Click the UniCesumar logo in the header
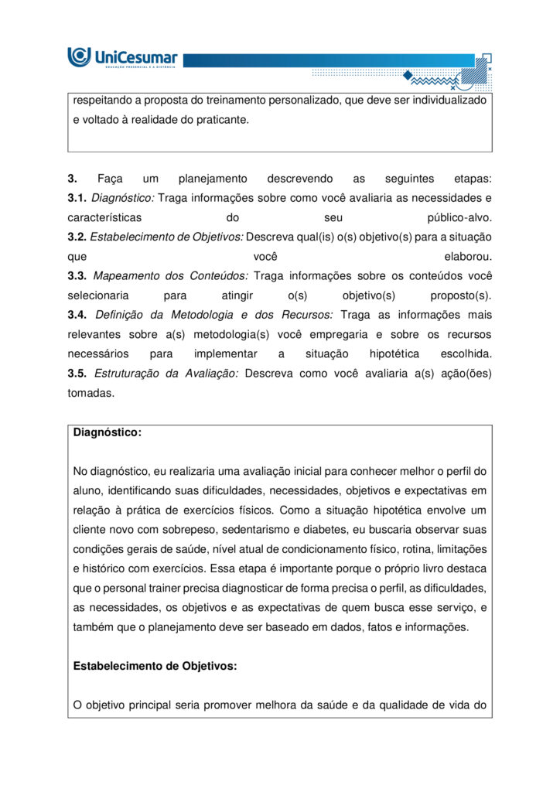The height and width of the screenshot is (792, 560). click(123, 57)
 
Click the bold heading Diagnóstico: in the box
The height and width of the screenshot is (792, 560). click(108, 433)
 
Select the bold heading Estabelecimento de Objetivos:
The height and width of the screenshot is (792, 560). click(155, 666)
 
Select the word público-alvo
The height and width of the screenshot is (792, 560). click(459, 217)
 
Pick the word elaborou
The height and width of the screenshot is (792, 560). click(468, 256)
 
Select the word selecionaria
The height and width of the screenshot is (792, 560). click(98, 295)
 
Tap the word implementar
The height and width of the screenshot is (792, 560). click(226, 353)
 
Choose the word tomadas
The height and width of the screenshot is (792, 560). click(90, 393)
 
